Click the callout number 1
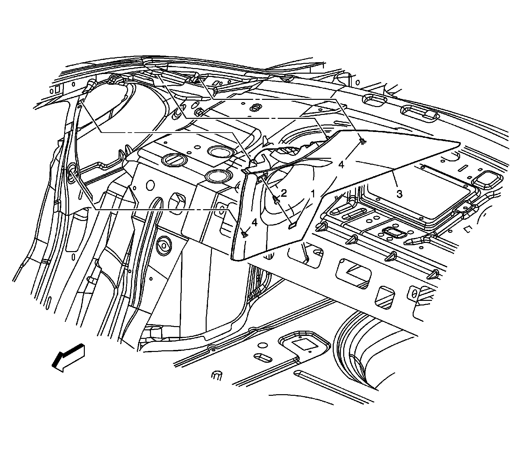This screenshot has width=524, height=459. pyautogui.click(x=313, y=194)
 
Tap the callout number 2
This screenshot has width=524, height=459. pyautogui.click(x=284, y=193)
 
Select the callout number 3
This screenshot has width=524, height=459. pyautogui.click(x=399, y=194)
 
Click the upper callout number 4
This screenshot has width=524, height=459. pyautogui.click(x=341, y=165)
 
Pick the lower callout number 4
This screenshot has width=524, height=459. pyautogui.click(x=254, y=223)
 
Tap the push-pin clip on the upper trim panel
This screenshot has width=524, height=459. pyautogui.click(x=362, y=141)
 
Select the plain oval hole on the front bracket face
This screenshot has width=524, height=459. pyautogui.click(x=150, y=186)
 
